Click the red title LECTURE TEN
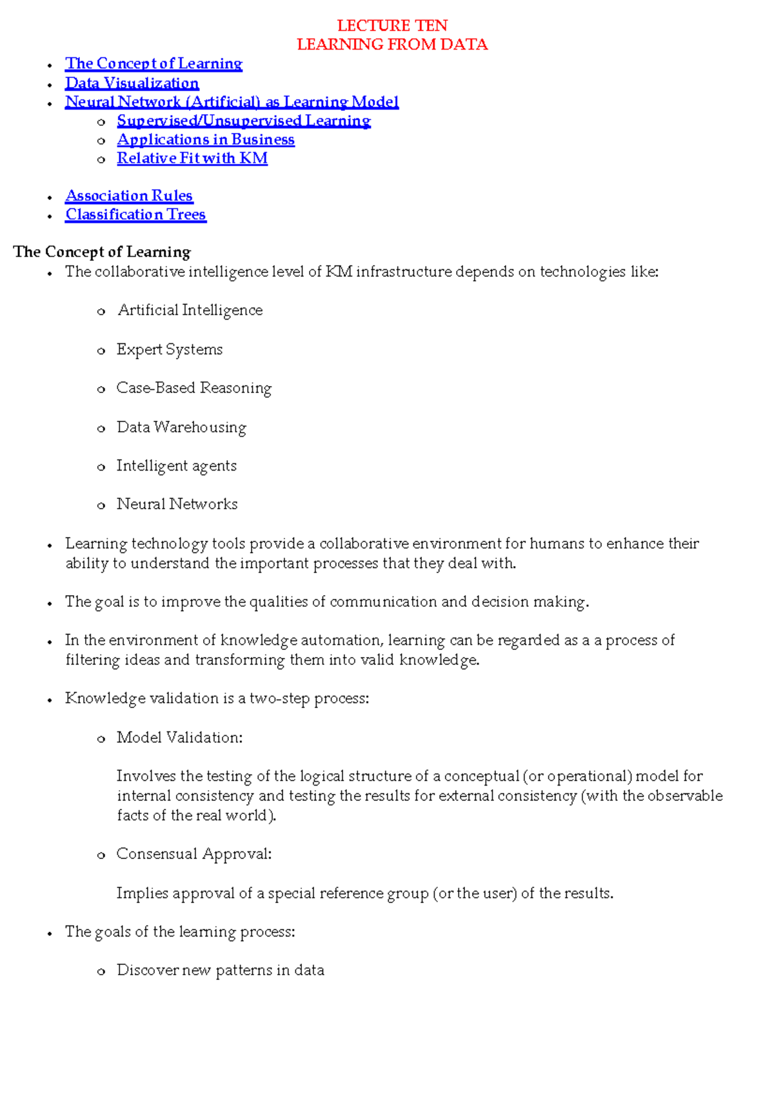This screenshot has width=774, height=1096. click(392, 26)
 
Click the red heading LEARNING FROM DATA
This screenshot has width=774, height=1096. click(392, 45)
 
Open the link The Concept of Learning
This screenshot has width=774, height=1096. click(154, 64)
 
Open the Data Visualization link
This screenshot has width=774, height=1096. click(132, 83)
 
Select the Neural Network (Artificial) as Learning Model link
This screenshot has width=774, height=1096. click(232, 102)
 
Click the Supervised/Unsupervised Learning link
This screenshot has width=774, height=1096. click(243, 121)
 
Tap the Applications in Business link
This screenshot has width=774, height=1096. click(205, 139)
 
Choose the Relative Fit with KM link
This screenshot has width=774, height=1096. click(192, 158)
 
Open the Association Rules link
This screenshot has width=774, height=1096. click(129, 196)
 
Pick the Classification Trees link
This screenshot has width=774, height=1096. click(135, 214)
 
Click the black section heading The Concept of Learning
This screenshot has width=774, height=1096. click(102, 252)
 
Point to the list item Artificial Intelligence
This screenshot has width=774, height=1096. click(190, 310)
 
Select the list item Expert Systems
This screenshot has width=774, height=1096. click(169, 349)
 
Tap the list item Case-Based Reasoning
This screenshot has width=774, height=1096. click(193, 388)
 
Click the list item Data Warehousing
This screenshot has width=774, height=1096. click(181, 427)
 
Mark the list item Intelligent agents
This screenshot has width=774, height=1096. click(176, 466)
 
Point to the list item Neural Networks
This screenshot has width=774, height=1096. click(177, 504)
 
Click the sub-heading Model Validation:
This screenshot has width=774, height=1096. click(179, 738)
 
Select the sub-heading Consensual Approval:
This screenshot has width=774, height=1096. click(193, 854)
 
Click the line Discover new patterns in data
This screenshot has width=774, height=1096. click(220, 970)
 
